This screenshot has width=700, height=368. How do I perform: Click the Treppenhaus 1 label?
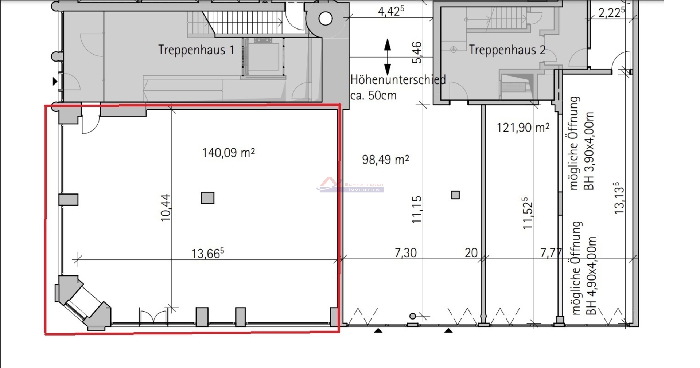pos(196,50)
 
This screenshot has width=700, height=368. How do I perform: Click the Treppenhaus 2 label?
pos(507,50)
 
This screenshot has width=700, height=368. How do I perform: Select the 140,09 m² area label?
pos(229,152)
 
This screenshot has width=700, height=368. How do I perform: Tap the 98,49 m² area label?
pos(385,159)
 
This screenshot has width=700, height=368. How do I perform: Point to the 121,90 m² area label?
pos(523,127)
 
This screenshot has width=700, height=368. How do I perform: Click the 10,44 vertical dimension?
pos(166,207)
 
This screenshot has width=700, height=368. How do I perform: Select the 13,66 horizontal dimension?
pos(208,253)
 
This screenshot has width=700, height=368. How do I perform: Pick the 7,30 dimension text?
pos(405,252)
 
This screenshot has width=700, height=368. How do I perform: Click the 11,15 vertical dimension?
pos(416,210)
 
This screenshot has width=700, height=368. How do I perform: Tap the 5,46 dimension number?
pos(417,52)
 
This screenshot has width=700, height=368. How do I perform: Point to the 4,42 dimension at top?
pos(391,11)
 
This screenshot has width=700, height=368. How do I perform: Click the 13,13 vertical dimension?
pos(619,198)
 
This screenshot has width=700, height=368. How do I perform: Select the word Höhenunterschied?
pos(398,79)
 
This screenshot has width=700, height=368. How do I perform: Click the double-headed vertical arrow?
pos(388,57)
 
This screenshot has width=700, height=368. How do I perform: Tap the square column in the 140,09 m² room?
pos(207,198)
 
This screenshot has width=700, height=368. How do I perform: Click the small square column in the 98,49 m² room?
pos(455,195)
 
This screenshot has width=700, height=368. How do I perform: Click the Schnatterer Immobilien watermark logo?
pos(350,185)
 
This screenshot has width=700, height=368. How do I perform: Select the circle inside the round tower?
pos(326,19)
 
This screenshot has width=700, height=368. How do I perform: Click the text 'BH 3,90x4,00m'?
pos(589,151)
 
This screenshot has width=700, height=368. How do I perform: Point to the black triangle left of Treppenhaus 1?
pos(55,81)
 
